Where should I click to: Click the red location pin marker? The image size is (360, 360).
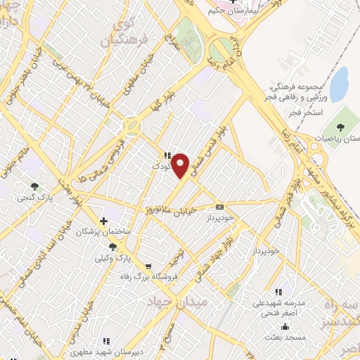[181, 165]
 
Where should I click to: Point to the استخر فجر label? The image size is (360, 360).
[305, 112]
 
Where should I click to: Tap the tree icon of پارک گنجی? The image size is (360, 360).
[34, 186]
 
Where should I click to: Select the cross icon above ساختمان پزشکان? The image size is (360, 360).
[104, 220]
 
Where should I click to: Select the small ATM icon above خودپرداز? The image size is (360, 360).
[220, 207]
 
